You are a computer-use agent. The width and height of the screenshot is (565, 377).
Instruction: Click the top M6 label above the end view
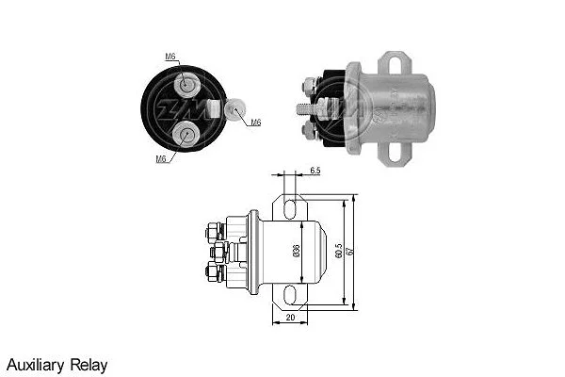pos(170,57)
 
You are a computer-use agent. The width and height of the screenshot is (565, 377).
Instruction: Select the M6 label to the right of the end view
pos(256,123)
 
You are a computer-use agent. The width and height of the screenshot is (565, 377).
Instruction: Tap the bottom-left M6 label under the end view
pos(161,158)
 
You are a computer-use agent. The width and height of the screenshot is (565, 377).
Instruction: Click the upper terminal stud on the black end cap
pos(187,87)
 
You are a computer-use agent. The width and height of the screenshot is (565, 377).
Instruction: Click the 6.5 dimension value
pos(315,171)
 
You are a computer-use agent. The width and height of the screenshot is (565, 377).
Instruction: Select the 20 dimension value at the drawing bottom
pos(289,318)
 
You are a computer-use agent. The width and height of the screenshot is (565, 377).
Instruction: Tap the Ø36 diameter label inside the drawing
pos(296,251)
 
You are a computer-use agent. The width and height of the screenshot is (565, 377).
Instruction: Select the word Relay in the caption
pos(91,364)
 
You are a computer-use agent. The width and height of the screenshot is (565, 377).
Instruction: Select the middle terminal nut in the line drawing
pos(218,251)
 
